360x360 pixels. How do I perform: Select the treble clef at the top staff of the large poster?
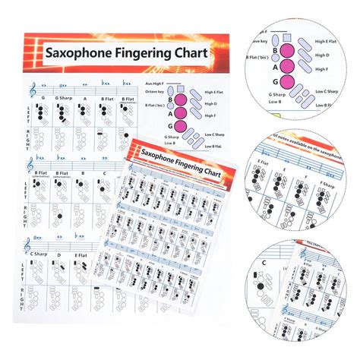31,90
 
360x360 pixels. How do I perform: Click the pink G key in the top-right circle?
289,83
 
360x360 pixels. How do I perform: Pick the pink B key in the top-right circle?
289,50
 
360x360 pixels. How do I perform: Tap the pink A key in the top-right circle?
289,66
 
